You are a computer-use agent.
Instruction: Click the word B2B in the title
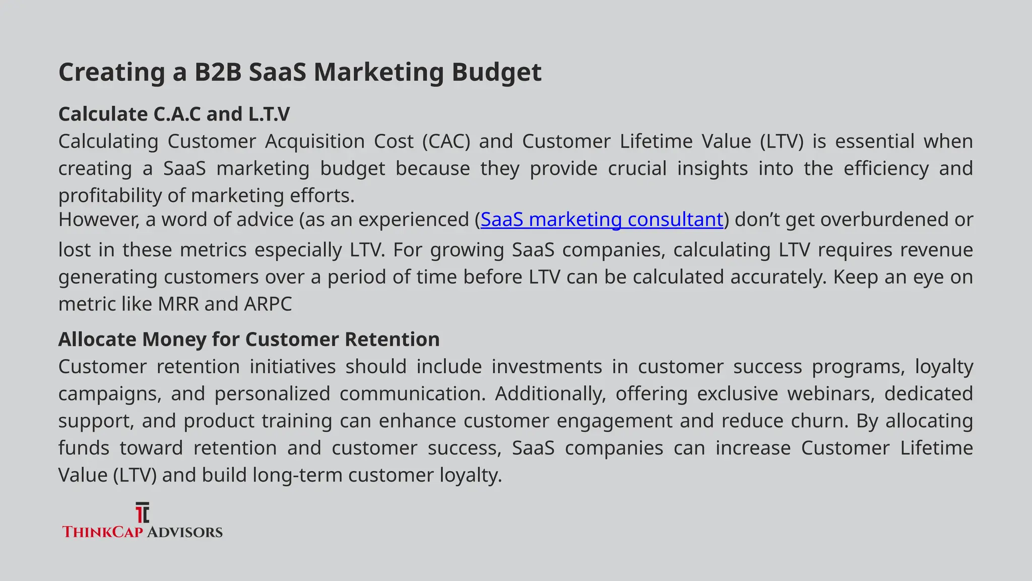218,72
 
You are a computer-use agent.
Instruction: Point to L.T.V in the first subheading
269,114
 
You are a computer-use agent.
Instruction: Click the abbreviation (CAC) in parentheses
446,141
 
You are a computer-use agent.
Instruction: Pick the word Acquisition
315,141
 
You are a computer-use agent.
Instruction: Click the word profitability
109,196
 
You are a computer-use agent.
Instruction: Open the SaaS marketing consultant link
602,219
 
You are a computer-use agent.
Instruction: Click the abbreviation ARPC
268,304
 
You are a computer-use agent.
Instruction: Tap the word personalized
272,394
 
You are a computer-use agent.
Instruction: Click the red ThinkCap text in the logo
102,532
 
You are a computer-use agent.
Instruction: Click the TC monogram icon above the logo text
143,512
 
